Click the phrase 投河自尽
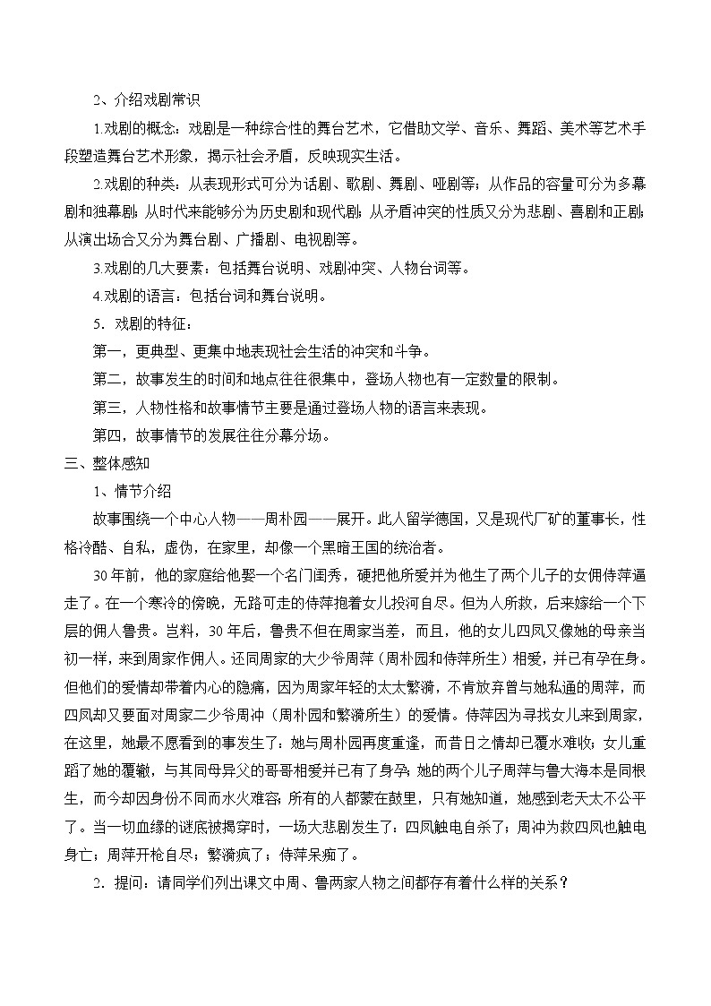pyautogui.click(x=398, y=603)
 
